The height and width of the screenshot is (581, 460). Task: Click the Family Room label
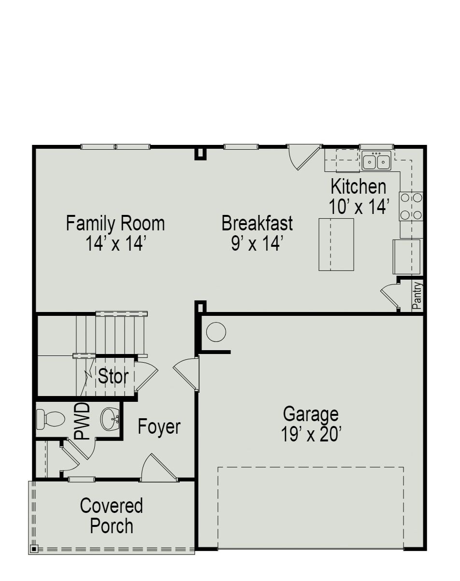point(115,224)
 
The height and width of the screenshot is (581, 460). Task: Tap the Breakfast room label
point(257,224)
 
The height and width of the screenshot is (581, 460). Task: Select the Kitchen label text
point(358,186)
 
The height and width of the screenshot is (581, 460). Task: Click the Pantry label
point(417,296)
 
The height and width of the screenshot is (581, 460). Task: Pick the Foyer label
point(159,427)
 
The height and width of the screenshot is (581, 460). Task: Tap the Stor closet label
point(113,376)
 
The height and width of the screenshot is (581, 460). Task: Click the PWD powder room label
point(83,421)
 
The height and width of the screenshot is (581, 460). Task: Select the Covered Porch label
point(112,516)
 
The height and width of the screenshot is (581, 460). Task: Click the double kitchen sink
point(377,161)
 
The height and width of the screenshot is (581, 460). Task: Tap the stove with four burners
point(411,206)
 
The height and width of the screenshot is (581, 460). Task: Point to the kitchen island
point(336,244)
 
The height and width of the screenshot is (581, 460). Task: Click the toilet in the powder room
point(50,418)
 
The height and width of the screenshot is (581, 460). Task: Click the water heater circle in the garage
point(216,332)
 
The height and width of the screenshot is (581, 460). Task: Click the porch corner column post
point(34,549)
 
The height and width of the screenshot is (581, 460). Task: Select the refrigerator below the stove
point(407,256)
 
